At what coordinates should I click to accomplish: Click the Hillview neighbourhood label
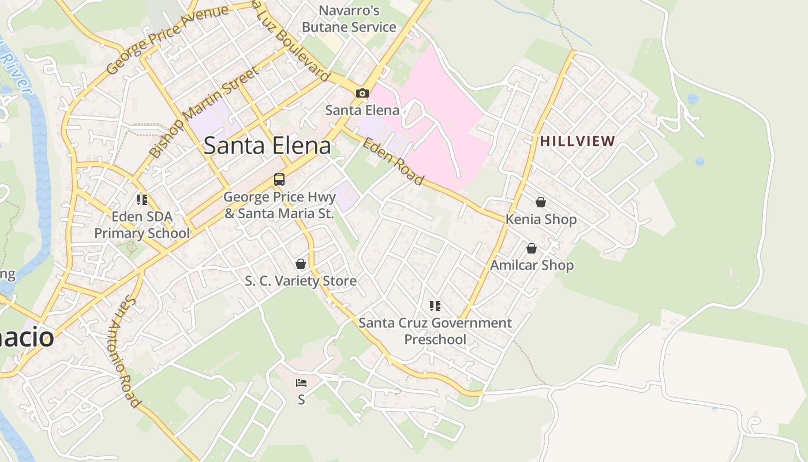pos(578,141)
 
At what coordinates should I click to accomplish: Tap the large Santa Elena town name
pos(267,146)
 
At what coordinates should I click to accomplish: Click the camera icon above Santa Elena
pos(362,93)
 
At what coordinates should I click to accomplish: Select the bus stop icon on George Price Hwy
pos(279,179)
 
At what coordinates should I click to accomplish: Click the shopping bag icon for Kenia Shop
pos(541,202)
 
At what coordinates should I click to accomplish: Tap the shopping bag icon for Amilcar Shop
pos(532,248)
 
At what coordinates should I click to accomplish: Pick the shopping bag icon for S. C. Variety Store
pos(301,264)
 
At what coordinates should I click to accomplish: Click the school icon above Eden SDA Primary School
pos(142,200)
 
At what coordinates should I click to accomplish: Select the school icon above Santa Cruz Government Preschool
pos(435,305)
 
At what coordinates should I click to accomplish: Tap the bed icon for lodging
pos(301,382)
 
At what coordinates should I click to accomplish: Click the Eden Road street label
pos(393,161)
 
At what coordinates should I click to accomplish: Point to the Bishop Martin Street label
pos(204,112)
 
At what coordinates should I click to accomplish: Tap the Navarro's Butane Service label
pos(349,19)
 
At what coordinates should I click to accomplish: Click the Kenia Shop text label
pos(541,219)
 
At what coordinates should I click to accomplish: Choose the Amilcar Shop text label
pos(532,266)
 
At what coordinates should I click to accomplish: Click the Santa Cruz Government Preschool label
pos(435,331)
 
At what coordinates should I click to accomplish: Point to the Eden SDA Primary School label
pos(142,225)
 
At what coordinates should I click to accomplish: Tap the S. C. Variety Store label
pos(301,281)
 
